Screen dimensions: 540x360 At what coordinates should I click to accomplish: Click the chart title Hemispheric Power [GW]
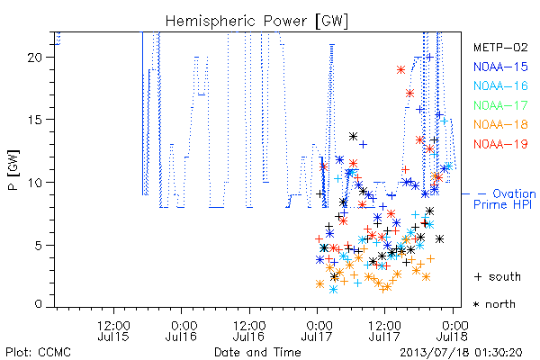coord(256,22)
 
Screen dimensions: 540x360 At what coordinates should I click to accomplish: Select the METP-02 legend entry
coord(500,47)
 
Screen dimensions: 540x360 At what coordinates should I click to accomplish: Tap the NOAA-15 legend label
coord(500,67)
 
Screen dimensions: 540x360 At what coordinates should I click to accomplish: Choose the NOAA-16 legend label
coord(500,85)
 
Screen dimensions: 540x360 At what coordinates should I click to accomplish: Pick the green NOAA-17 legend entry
coord(500,105)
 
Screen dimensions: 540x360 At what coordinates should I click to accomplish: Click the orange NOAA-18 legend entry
coord(500,124)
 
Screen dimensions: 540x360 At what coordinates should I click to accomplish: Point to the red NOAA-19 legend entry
coord(500,144)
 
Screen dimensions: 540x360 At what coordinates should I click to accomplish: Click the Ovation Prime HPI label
coord(504,199)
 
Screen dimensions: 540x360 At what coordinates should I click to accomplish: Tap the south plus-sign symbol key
coord(498,276)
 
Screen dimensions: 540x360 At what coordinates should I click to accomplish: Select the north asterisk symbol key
coord(494,304)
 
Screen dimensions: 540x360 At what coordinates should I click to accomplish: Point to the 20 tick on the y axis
coord(34,58)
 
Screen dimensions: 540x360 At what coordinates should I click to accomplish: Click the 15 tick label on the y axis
coord(34,120)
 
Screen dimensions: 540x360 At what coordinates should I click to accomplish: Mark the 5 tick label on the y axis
coord(38,246)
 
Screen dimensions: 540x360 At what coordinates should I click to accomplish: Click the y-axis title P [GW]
coord(13,170)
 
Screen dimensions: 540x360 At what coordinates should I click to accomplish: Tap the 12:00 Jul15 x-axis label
coord(113,330)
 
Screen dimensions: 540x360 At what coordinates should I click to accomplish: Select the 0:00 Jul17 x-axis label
coord(317,330)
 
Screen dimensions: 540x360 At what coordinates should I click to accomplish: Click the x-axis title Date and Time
coord(257,352)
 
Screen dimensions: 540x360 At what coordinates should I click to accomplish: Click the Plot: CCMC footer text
coord(38,352)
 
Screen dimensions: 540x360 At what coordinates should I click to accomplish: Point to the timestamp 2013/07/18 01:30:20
coord(461,353)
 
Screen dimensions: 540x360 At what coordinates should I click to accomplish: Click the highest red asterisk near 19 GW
coord(400,70)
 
